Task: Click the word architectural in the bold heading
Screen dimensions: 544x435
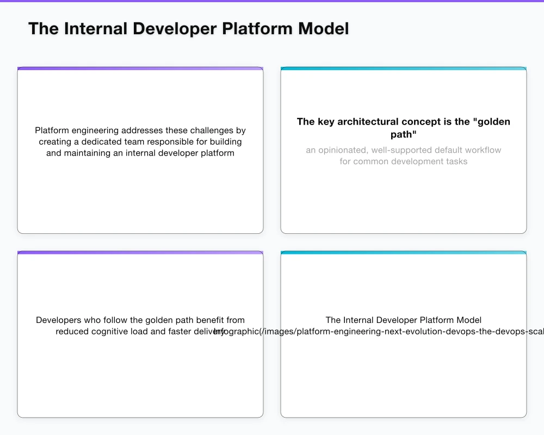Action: (368, 122)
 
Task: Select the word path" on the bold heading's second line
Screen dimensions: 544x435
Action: (404, 135)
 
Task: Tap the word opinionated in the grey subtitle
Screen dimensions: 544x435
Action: (341, 150)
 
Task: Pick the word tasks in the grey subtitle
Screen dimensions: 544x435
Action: (456, 161)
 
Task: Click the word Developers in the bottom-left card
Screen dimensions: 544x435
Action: (58, 320)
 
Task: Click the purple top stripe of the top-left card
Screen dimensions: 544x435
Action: (140, 69)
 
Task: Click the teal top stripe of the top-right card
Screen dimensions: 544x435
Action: (404, 69)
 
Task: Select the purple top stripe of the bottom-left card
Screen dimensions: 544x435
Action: (140, 252)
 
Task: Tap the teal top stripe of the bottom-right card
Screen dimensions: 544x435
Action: (404, 252)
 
